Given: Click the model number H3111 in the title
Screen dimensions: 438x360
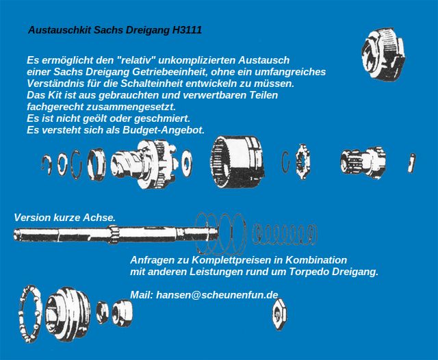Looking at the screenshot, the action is click(187, 30).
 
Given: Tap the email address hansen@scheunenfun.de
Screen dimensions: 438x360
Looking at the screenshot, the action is click(217, 295).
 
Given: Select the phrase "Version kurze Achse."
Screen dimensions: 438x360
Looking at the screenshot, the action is click(65, 218).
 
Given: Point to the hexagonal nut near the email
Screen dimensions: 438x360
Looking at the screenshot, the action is click(280, 314).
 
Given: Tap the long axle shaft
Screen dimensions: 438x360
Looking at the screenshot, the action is click(116, 233).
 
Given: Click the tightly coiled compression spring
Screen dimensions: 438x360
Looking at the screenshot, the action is click(285, 234).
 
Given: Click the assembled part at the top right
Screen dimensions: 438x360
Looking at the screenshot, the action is click(383, 53).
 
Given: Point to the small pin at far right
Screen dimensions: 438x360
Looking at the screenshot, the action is click(411, 162).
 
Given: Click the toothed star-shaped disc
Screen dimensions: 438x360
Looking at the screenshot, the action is click(302, 162).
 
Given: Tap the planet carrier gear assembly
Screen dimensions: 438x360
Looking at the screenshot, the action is click(144, 164).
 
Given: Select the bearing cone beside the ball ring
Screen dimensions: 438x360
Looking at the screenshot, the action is click(68, 313).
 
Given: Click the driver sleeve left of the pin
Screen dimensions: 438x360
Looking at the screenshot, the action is click(363, 162).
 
